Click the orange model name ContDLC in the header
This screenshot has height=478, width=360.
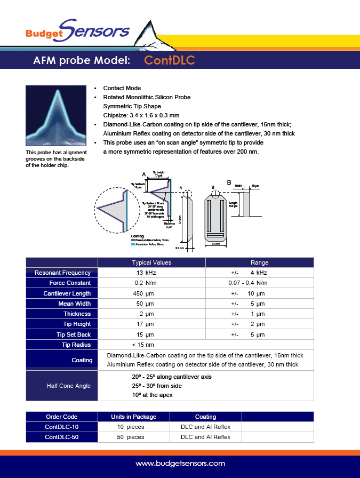click(170, 61)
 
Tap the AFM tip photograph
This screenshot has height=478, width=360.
click(57, 116)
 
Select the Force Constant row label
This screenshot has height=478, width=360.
click(70, 283)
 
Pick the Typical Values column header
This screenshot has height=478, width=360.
click(151, 262)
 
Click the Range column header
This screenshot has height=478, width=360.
click(259, 262)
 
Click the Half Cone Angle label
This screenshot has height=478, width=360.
click(69, 386)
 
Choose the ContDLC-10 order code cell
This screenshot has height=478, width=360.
click(61, 427)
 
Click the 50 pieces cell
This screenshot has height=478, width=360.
click(131, 437)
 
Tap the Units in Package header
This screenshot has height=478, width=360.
click(133, 417)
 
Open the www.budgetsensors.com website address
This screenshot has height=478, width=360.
click(180, 464)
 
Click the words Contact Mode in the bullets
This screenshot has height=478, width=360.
click(122, 88)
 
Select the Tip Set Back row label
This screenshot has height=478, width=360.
click(74, 334)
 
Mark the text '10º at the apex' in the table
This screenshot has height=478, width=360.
click(153, 395)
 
